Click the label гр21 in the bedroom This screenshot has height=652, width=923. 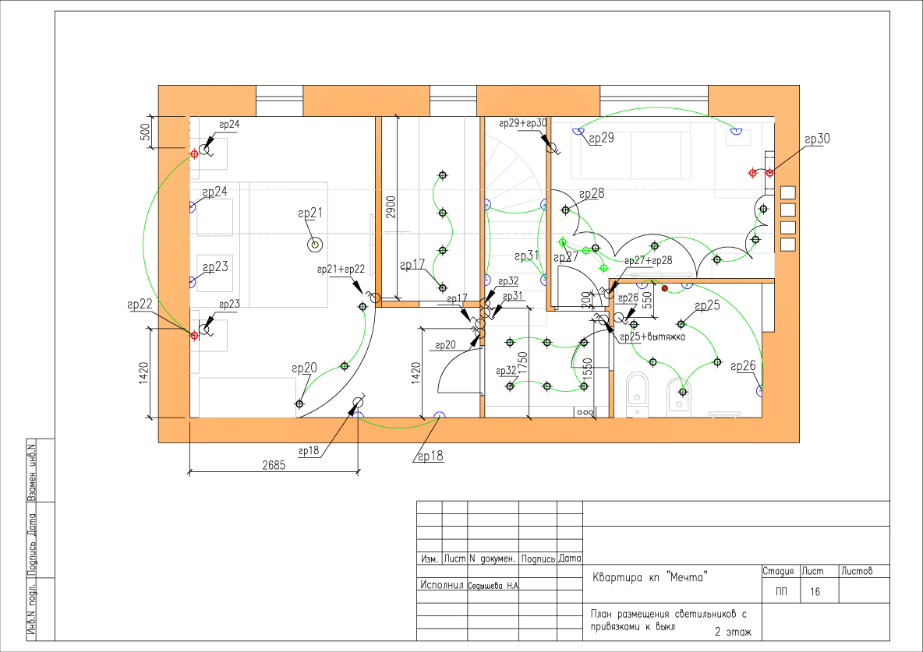click(310, 213)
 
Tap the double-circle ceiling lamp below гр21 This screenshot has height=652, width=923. click(316, 244)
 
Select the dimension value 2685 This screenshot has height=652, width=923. click(273, 466)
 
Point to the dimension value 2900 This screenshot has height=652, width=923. click(391, 207)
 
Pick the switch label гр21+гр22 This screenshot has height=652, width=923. click(341, 270)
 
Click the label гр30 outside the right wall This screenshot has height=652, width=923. click(817, 139)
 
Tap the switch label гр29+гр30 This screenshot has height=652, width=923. click(523, 124)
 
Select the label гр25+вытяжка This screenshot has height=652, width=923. click(652, 337)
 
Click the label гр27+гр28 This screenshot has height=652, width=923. click(648, 261)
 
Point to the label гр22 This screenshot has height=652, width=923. click(140, 305)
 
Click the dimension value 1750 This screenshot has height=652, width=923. click(523, 364)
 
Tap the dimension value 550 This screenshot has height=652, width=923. click(648, 300)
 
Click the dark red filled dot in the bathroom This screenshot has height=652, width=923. click(665, 288)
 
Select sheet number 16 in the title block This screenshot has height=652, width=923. click(815, 592)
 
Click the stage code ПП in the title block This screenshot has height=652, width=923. click(781, 592)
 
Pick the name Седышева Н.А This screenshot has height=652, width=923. click(493, 586)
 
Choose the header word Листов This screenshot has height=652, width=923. click(857, 571)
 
